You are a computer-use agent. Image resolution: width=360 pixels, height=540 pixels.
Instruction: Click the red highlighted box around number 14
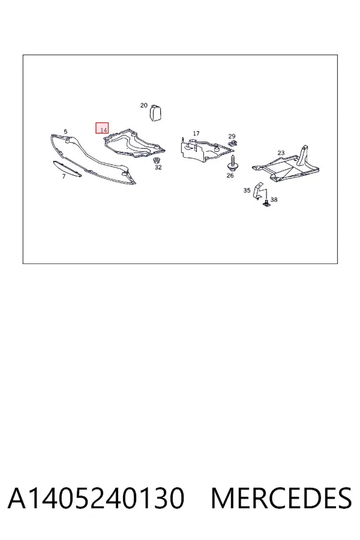(102, 128)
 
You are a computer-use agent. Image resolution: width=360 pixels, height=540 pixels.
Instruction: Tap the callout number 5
(65, 131)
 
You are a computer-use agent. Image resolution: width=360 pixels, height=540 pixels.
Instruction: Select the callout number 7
(64, 176)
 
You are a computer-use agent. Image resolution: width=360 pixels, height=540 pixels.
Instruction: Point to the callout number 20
(143, 106)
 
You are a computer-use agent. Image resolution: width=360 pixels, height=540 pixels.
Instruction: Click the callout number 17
(196, 133)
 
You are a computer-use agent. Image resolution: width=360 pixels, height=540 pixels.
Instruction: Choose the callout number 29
(232, 136)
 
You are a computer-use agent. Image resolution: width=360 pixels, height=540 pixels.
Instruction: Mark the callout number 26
(230, 175)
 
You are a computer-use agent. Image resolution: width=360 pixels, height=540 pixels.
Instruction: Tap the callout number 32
(158, 167)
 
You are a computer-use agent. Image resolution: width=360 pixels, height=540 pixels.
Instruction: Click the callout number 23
(281, 153)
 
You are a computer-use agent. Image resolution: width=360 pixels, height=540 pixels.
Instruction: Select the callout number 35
(247, 190)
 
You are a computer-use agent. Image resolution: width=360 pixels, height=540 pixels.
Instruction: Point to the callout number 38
(274, 200)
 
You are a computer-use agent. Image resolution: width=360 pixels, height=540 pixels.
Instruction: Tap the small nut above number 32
(157, 160)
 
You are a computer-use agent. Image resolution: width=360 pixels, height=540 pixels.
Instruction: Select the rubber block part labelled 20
(155, 112)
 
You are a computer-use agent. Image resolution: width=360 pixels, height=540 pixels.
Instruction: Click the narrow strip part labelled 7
(67, 169)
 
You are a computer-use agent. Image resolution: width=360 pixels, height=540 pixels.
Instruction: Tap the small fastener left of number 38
(267, 203)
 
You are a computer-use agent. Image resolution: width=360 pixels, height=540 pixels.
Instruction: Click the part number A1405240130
(96, 498)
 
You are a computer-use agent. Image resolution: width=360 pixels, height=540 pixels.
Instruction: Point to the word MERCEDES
(281, 498)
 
